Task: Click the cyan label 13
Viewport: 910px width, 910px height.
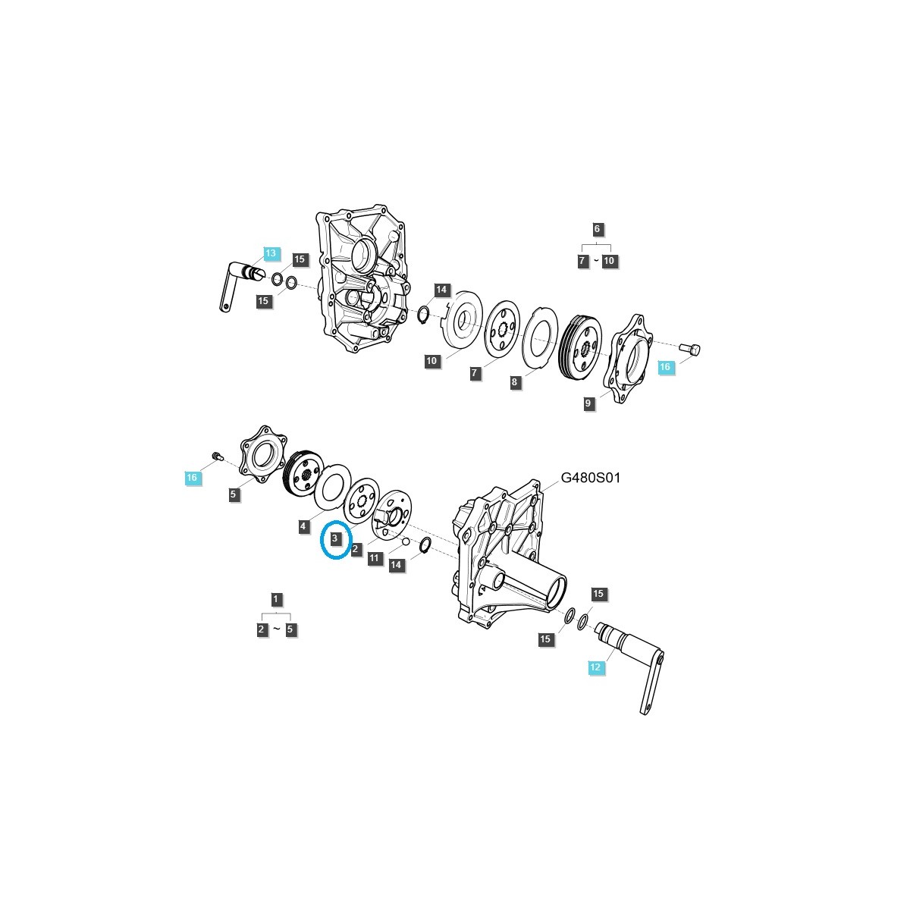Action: pyautogui.click(x=271, y=253)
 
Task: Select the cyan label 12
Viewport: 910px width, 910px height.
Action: pyautogui.click(x=595, y=667)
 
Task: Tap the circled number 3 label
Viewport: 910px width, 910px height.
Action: pyautogui.click(x=334, y=538)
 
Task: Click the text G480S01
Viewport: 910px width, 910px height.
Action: pyautogui.click(x=590, y=479)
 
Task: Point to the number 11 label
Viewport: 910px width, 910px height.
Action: pyautogui.click(x=374, y=558)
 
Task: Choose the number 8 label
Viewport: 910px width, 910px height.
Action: pyautogui.click(x=515, y=382)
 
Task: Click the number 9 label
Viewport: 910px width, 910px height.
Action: pyautogui.click(x=588, y=404)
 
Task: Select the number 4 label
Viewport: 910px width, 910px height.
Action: pyautogui.click(x=303, y=526)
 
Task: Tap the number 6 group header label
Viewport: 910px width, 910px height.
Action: pyautogui.click(x=596, y=228)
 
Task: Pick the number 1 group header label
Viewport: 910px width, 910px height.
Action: pyautogui.click(x=276, y=599)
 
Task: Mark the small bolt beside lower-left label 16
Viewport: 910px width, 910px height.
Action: pyautogui.click(x=217, y=455)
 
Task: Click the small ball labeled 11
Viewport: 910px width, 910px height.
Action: pyautogui.click(x=406, y=541)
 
